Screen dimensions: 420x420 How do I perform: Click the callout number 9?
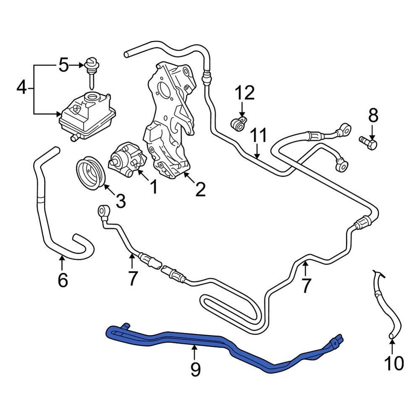[195, 370]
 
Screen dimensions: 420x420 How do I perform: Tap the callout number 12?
[245, 93]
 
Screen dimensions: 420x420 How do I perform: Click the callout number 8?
[372, 116]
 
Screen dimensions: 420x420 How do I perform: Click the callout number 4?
[21, 88]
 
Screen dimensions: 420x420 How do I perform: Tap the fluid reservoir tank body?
[87, 115]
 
